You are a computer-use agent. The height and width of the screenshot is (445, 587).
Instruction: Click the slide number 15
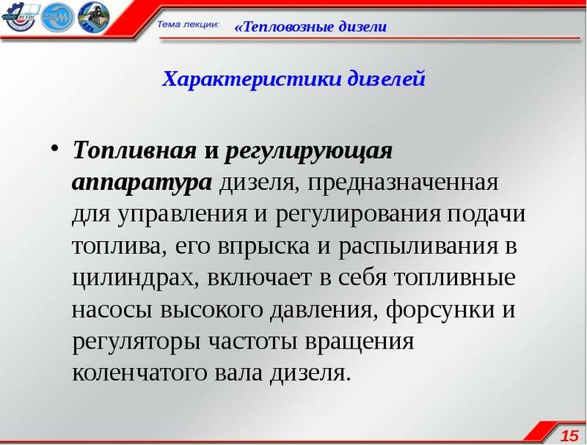click(x=569, y=435)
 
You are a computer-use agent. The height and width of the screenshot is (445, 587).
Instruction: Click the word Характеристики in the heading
click(x=252, y=79)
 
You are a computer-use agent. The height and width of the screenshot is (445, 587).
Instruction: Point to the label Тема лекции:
click(x=188, y=24)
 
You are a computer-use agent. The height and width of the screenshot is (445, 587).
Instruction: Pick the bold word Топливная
click(x=135, y=150)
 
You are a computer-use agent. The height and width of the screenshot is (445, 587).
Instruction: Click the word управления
click(x=182, y=215)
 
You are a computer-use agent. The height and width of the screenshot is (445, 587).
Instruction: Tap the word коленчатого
click(x=140, y=372)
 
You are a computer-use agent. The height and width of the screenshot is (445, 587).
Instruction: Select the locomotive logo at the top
click(x=94, y=17)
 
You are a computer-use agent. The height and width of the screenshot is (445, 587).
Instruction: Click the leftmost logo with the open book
click(x=19, y=17)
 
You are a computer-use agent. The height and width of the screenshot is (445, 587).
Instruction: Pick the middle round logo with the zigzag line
click(x=57, y=17)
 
